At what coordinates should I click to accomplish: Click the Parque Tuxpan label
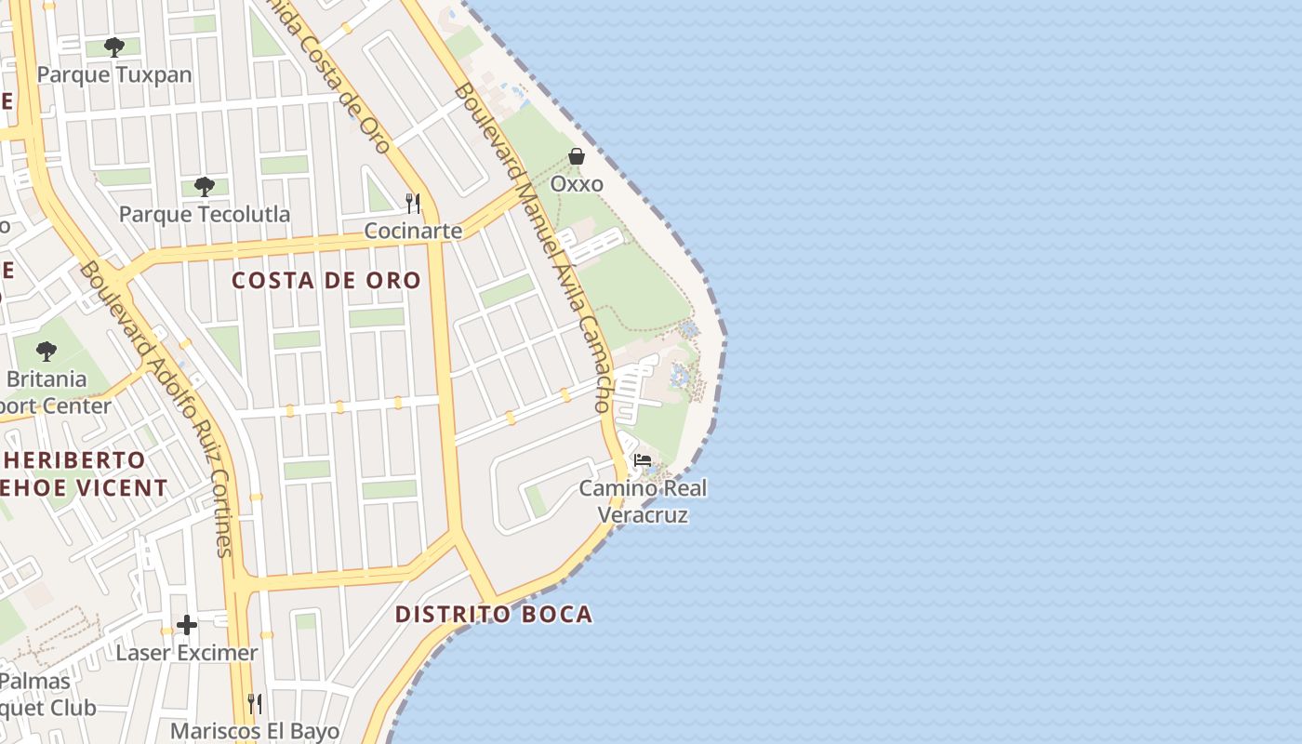click(114, 74)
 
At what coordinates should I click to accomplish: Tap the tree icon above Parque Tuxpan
click(114, 46)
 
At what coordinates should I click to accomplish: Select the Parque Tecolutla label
click(204, 214)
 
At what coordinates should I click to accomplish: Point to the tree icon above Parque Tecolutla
click(205, 187)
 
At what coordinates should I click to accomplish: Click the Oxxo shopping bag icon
click(577, 156)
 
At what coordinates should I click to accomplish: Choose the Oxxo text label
click(577, 184)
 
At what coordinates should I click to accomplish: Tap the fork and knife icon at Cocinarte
click(413, 203)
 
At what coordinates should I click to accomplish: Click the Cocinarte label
click(413, 231)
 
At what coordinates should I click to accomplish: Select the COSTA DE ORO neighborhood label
click(325, 280)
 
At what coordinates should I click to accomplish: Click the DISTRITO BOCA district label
click(493, 614)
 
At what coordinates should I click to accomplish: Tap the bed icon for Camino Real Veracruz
click(642, 459)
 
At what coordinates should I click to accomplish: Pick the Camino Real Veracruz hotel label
click(643, 500)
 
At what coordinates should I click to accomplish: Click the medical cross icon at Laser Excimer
click(187, 625)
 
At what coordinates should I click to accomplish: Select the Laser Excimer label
click(187, 653)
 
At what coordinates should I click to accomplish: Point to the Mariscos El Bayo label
click(255, 731)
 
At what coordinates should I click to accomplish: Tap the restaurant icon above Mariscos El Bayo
click(255, 703)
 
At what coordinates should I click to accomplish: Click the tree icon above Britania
click(46, 352)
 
